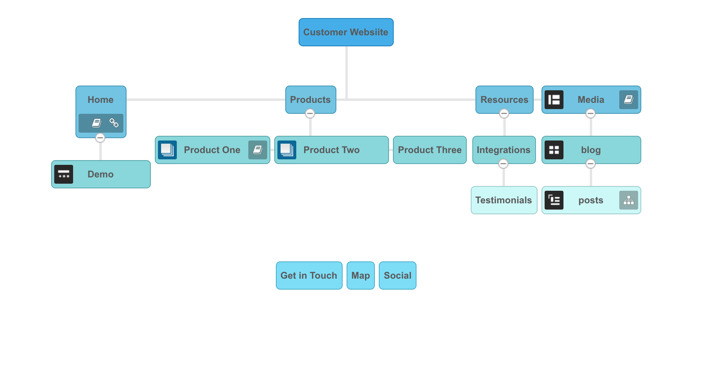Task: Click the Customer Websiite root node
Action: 346,32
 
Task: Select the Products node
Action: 311,100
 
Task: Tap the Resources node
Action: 505,100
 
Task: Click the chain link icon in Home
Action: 114,123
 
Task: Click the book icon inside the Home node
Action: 97,123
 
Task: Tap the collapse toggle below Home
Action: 100,138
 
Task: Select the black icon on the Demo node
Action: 64,174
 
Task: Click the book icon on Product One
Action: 258,150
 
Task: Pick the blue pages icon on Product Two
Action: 287,150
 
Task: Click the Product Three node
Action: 430,150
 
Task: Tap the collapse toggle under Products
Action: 310,113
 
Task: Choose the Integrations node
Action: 504,150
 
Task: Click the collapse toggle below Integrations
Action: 503,164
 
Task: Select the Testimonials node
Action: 504,200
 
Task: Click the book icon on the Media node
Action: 629,100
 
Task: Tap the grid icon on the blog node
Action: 554,150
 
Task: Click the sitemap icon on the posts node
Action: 629,200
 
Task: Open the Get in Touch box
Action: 309,276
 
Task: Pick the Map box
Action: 361,276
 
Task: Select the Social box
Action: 398,276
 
